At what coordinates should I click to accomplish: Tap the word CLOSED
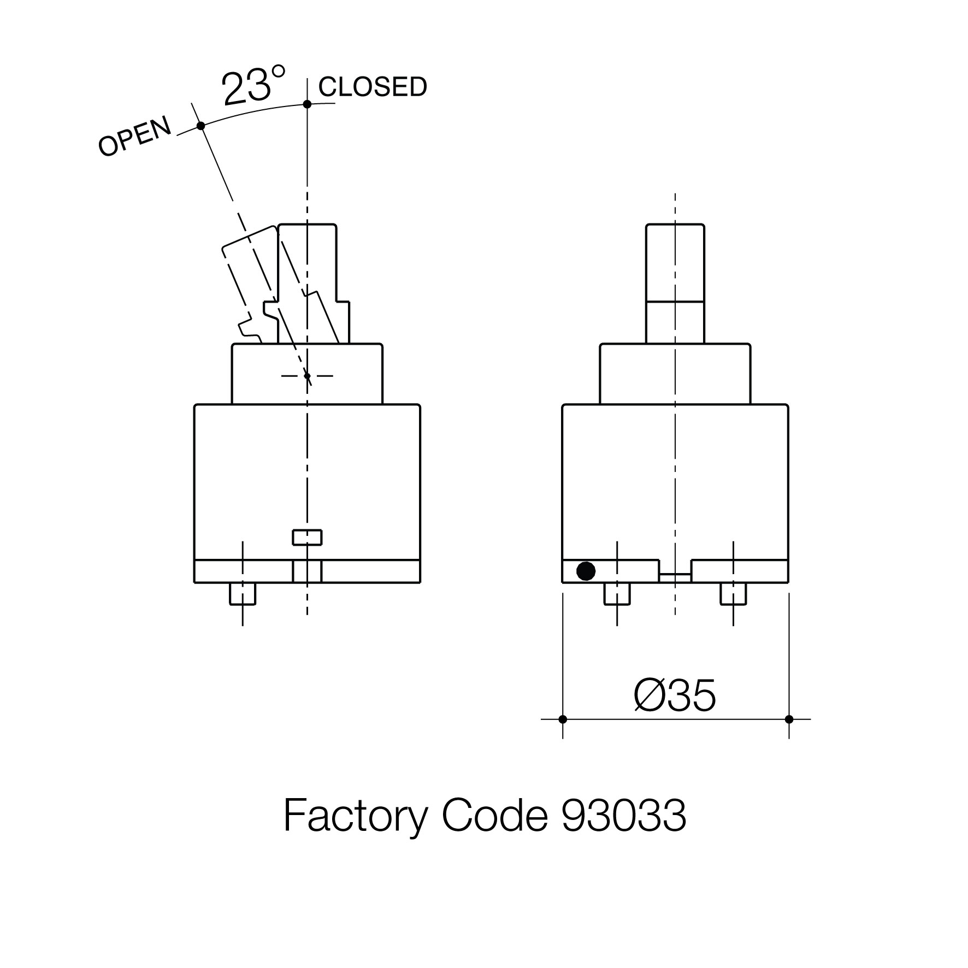(x=373, y=87)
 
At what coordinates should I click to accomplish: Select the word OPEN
(x=134, y=137)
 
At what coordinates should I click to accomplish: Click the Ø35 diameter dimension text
(x=675, y=697)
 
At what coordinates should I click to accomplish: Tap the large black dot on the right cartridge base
(x=586, y=571)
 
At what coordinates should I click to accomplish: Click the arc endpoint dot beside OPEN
(x=200, y=126)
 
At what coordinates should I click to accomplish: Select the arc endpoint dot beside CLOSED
(x=307, y=104)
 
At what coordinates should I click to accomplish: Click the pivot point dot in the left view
(x=307, y=376)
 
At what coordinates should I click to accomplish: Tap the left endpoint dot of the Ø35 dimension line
(x=563, y=719)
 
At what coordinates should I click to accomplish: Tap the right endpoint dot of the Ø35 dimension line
(x=788, y=719)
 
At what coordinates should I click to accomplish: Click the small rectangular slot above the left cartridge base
(x=307, y=538)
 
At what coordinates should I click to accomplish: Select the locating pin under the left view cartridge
(x=242, y=594)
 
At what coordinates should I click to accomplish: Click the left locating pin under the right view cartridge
(x=617, y=594)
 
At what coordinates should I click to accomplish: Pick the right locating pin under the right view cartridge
(x=733, y=594)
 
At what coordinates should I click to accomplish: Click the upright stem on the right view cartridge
(x=675, y=284)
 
